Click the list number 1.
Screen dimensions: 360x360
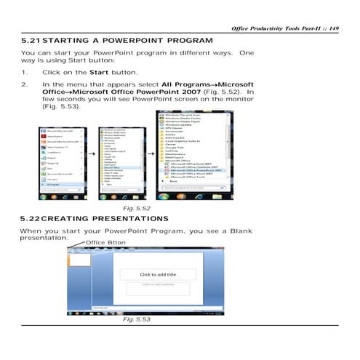pyautogui.click(x=25, y=73)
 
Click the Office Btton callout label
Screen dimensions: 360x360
pyautogui.click(x=105, y=241)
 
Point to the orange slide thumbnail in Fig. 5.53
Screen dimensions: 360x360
pyautogui.click(x=76, y=258)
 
